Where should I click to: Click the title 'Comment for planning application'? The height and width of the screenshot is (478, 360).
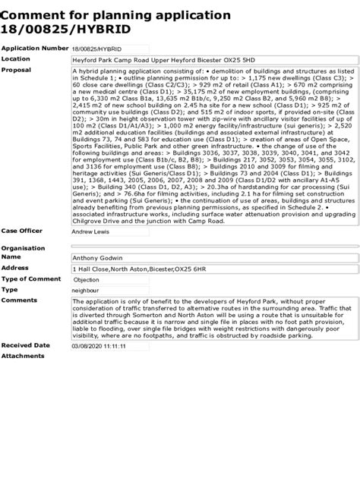tap(115, 14)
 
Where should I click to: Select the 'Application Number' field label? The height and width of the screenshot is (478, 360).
tap(35, 48)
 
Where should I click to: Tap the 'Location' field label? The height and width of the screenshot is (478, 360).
tap(16, 58)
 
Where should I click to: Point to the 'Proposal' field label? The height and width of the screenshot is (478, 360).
tap(17, 70)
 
